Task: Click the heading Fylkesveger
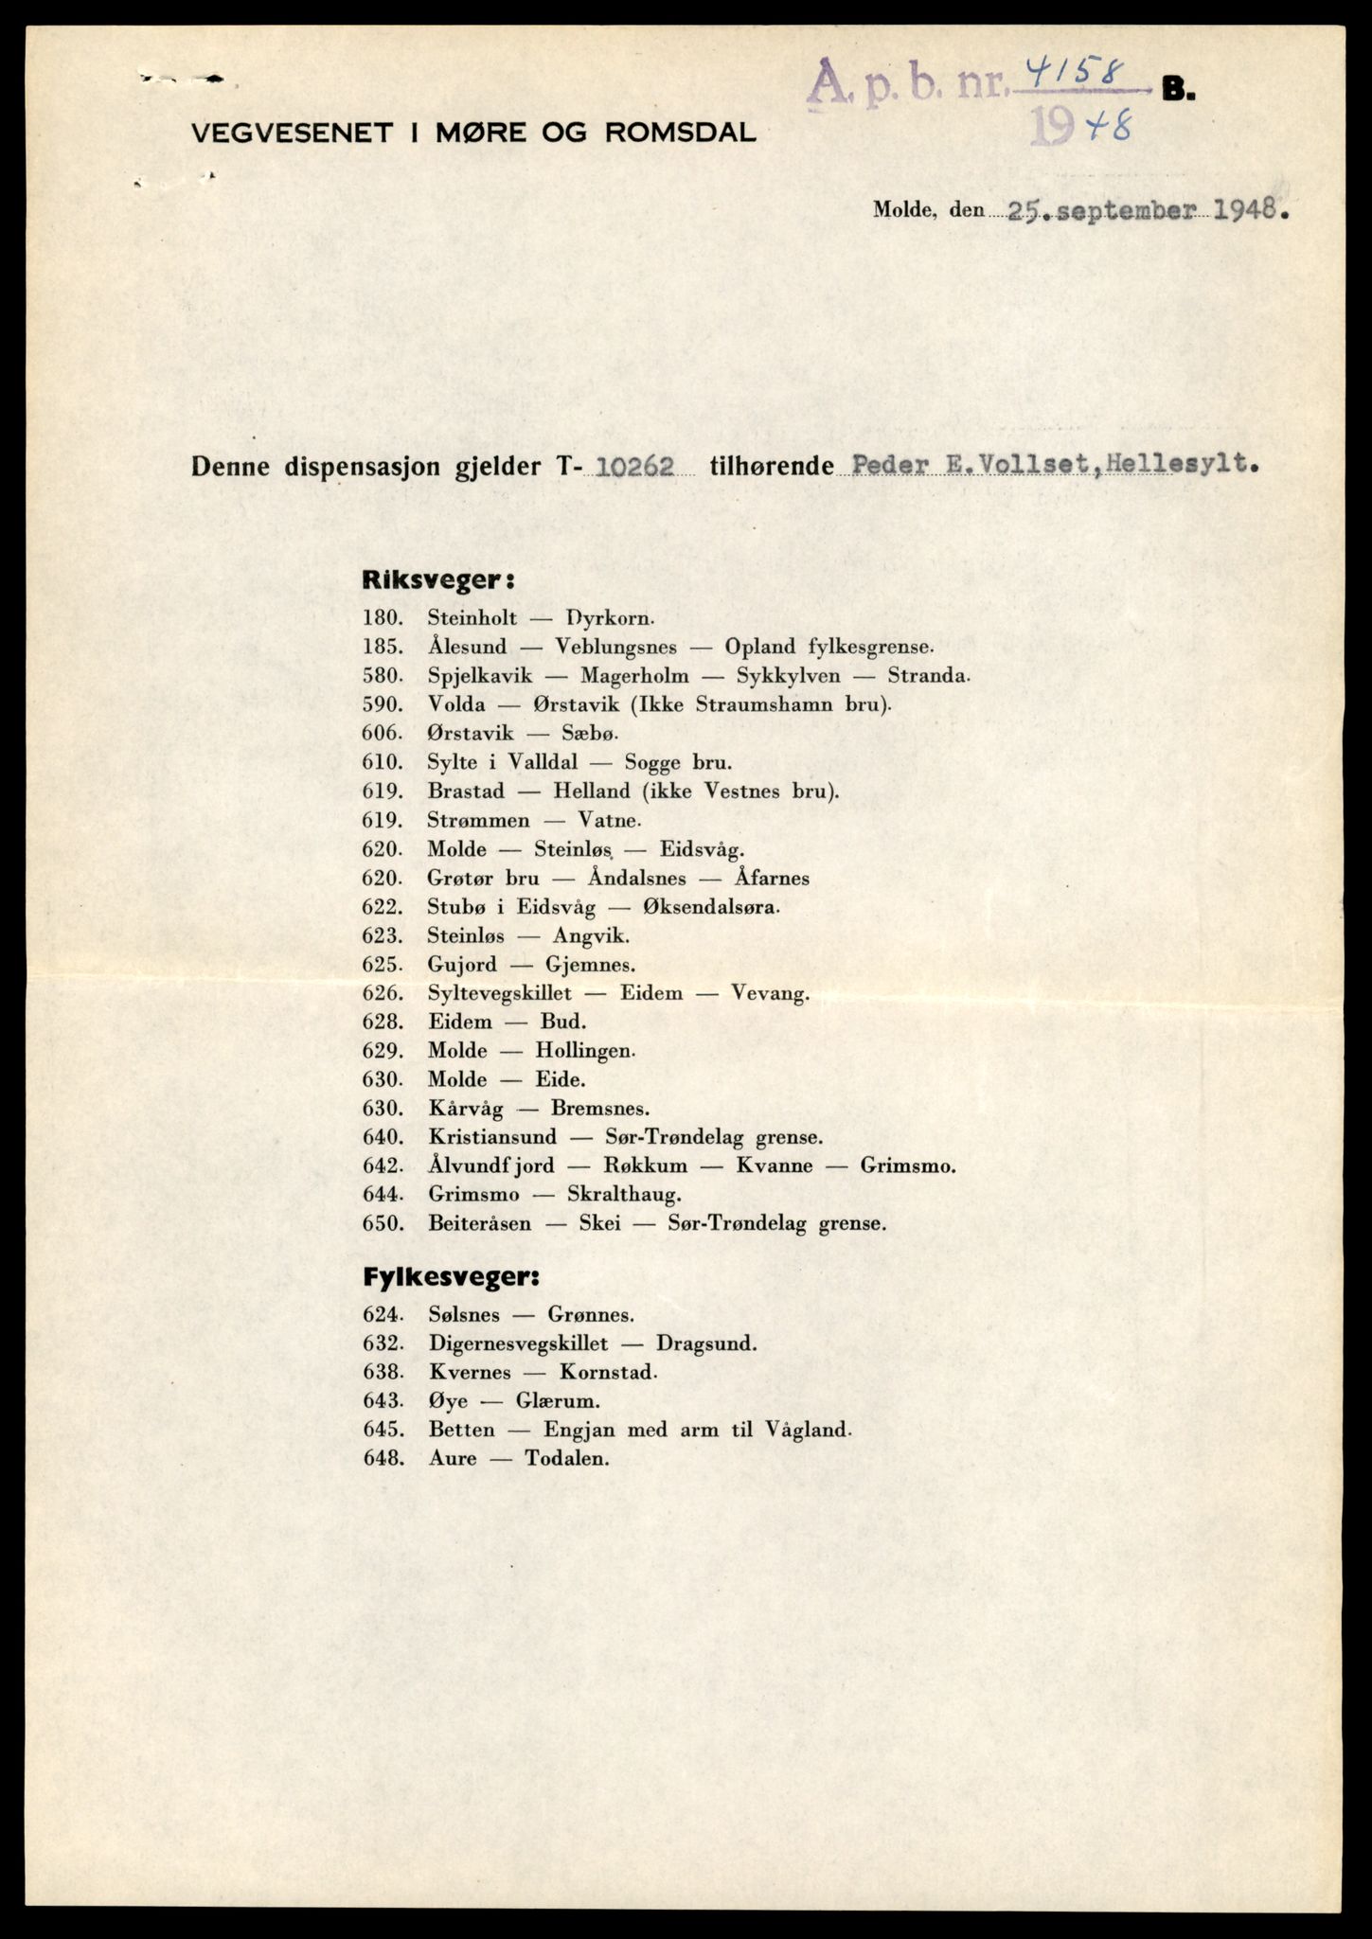(451, 1276)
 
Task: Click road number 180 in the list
(383, 618)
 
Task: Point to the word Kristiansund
(491, 1136)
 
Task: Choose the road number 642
(383, 1165)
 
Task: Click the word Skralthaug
(624, 1194)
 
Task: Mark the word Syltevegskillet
(499, 993)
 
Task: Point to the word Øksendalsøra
(711, 907)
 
